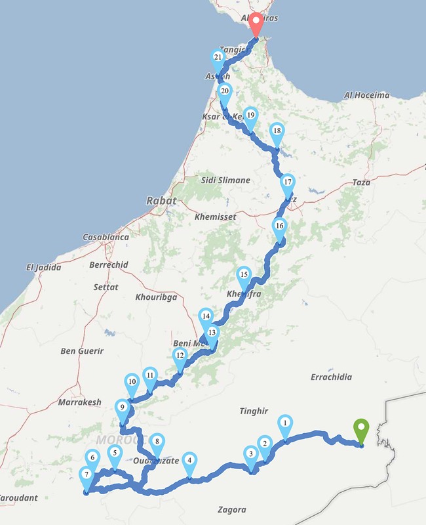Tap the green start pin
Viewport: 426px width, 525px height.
[x=361, y=430]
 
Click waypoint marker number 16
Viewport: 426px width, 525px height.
[x=280, y=227]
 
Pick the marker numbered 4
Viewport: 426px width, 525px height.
[x=189, y=461]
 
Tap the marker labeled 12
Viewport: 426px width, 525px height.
[x=180, y=357]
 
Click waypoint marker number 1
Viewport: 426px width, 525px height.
[x=285, y=424]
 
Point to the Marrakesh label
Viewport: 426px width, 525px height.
[x=80, y=402]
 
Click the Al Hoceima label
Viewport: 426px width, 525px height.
[x=367, y=95]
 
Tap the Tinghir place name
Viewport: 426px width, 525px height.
[x=254, y=411]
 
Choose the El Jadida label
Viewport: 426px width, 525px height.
[x=44, y=267]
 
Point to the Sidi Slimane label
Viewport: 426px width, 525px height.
[x=225, y=180]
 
